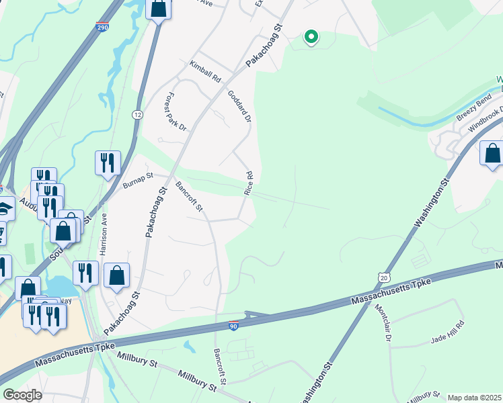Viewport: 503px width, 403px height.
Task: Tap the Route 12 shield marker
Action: pyautogui.click(x=137, y=116)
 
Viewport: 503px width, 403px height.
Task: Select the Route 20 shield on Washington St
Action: pyautogui.click(x=383, y=277)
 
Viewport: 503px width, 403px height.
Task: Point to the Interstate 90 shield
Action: pyautogui.click(x=233, y=325)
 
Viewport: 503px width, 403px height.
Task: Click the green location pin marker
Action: pyautogui.click(x=311, y=37)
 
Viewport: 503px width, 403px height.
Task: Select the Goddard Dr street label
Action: pyautogui.click(x=239, y=106)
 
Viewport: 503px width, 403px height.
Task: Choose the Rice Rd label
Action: pyautogui.click(x=249, y=183)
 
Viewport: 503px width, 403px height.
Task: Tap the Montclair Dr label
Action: pyautogui.click(x=383, y=323)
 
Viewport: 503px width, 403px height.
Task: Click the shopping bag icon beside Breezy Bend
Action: pyautogui.click(x=492, y=153)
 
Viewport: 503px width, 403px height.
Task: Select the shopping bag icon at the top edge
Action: pyautogui.click(x=158, y=9)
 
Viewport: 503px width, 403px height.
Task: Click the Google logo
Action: pyautogui.click(x=22, y=395)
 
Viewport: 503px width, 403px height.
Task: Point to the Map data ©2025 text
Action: pyautogui.click(x=474, y=398)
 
